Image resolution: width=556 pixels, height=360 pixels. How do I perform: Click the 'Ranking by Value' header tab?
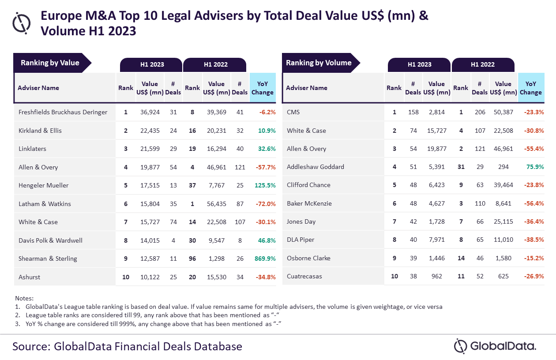(x=50, y=63)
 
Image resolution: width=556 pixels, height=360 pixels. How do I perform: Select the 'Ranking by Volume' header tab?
(x=319, y=63)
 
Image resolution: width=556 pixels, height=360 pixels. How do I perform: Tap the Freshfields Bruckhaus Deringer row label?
(x=63, y=112)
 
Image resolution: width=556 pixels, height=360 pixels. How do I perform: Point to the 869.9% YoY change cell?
(x=265, y=259)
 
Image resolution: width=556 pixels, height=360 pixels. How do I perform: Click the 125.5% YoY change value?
(x=265, y=185)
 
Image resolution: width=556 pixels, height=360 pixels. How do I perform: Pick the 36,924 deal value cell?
(x=150, y=112)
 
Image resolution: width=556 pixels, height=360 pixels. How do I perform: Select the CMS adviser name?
(x=293, y=112)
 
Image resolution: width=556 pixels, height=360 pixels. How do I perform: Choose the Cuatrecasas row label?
(x=304, y=276)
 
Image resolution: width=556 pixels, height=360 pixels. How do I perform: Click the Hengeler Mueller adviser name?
(x=43, y=185)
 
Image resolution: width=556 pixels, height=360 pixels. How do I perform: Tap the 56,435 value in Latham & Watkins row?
(x=217, y=204)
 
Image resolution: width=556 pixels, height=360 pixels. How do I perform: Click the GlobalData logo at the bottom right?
(x=495, y=346)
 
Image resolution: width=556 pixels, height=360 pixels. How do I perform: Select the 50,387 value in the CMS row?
(x=503, y=112)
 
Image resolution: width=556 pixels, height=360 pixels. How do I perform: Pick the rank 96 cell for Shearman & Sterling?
(x=192, y=259)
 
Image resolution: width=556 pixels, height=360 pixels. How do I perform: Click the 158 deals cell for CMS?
(x=413, y=112)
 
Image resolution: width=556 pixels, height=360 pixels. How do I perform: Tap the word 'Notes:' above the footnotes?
(x=24, y=298)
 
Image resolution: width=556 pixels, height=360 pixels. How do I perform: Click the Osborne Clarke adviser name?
(x=308, y=258)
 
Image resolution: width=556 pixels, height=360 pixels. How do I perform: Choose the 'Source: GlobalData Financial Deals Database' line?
(x=127, y=346)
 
